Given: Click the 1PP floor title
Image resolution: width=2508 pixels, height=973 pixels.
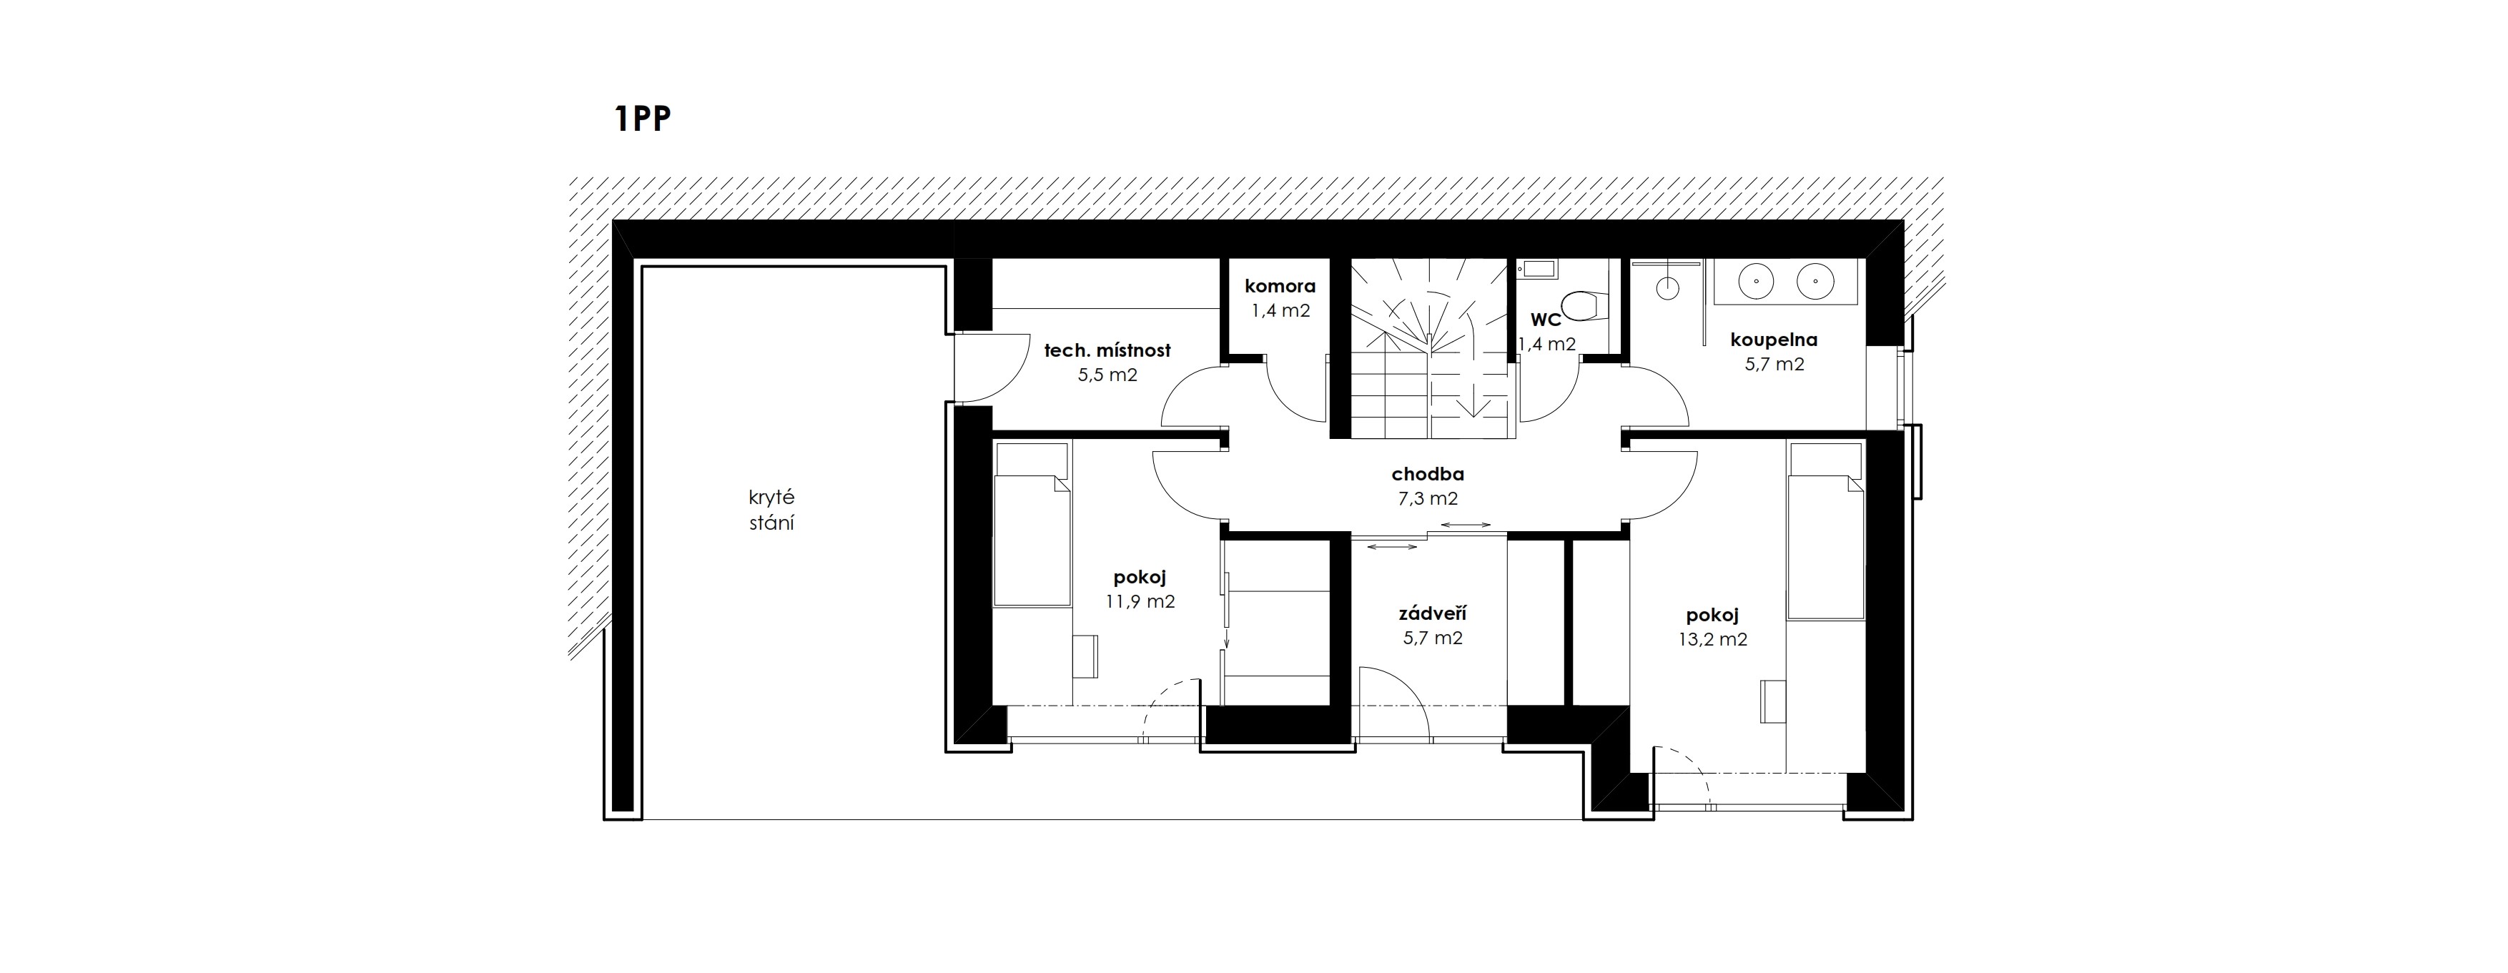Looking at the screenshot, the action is point(643,119).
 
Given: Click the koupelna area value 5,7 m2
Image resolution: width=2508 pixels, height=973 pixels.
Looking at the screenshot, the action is point(1773,365).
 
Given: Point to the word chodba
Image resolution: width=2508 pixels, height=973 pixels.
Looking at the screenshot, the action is point(1427,475).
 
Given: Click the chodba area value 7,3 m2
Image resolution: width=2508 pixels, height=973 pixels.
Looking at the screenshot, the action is point(1427,500).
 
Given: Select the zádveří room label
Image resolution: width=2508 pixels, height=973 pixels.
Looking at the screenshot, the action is point(1432,615).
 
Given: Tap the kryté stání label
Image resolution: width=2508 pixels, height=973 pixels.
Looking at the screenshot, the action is point(771,510).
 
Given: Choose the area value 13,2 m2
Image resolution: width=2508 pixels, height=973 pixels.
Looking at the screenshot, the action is point(1712,640).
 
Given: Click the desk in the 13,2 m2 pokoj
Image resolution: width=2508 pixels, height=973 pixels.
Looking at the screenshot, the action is point(1774,702).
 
